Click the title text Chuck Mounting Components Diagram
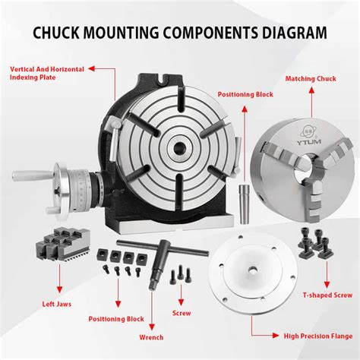(180, 33)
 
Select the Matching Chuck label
(311, 79)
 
